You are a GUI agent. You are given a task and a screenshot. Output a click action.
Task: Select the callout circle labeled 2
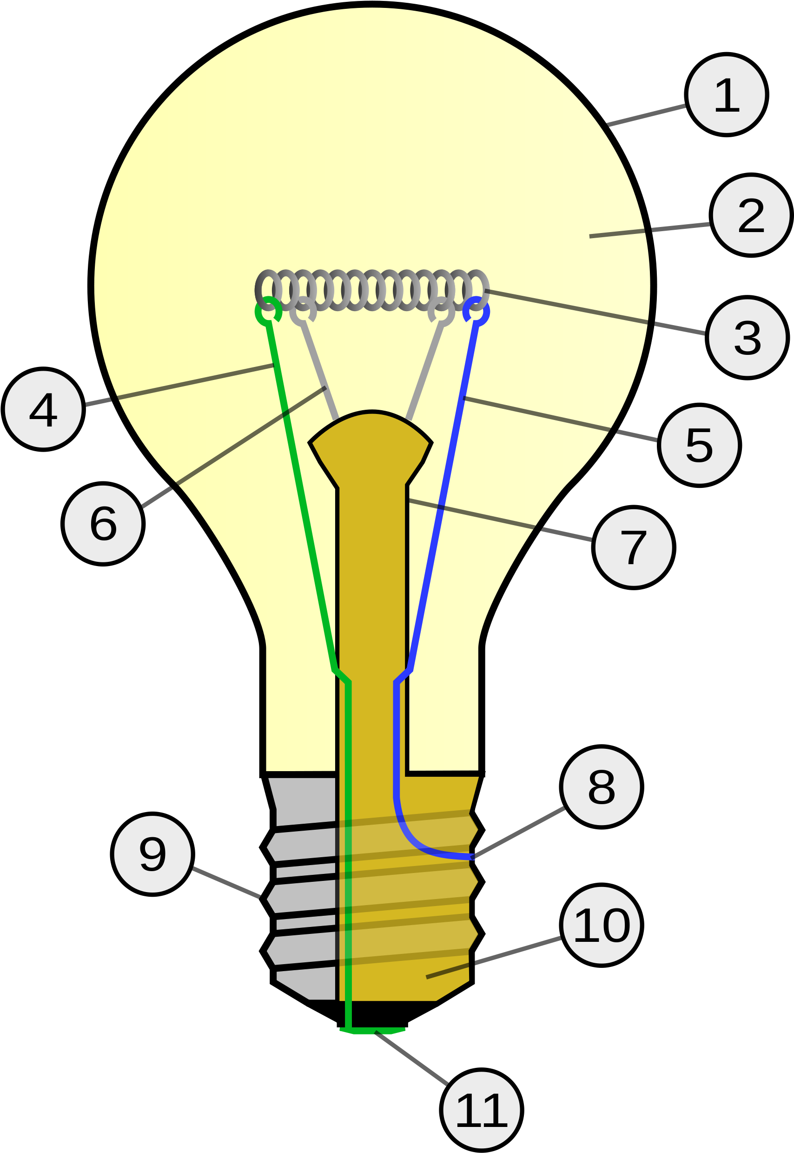coord(751,215)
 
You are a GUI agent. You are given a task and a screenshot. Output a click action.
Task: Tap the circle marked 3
coord(747,337)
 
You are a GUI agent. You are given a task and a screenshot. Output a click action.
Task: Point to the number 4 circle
coord(43,409)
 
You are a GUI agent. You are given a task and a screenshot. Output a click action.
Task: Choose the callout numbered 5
coord(699,445)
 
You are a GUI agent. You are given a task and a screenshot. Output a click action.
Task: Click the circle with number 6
coord(103,524)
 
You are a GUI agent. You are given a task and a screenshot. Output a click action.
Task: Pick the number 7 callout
coord(633,547)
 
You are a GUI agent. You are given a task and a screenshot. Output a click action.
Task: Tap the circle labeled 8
coord(602,787)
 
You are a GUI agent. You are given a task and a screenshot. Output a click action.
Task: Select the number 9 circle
coord(152,854)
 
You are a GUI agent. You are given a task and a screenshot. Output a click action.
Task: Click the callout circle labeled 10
coord(602,925)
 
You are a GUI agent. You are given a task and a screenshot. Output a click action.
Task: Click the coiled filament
coord(372,290)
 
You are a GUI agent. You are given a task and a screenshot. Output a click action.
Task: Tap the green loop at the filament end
coord(269,311)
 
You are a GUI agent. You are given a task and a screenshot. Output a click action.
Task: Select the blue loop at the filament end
coord(476,311)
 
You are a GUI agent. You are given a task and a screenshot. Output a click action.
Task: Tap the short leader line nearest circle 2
coord(616,233)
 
